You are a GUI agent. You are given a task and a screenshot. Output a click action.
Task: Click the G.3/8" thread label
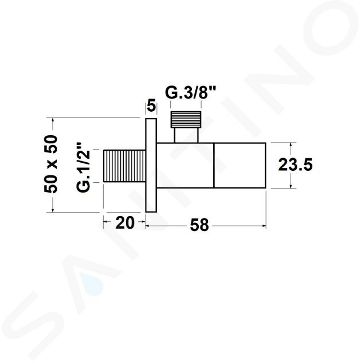[190, 93]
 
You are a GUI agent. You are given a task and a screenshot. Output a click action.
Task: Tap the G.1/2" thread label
[83, 167]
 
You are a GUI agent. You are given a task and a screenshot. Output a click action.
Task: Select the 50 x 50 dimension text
[50, 164]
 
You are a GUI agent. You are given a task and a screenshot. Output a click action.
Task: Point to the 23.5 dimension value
[295, 165]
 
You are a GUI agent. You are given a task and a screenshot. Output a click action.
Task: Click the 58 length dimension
[199, 225]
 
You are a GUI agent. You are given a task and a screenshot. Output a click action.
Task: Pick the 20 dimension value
[124, 223]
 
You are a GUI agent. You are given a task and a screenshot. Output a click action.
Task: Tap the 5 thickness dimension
[151, 106]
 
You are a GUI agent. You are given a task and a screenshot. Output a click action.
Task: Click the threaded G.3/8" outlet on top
[186, 120]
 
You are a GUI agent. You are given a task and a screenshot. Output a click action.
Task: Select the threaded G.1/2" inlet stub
[124, 166]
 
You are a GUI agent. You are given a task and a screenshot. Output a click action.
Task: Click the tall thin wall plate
[151, 165]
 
